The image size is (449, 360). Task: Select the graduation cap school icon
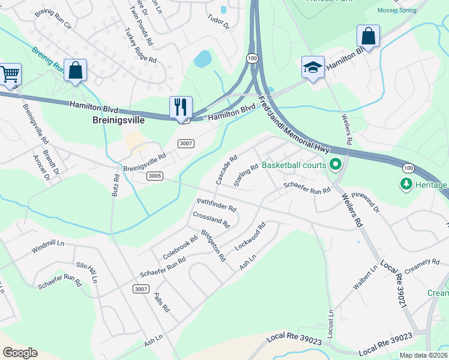pyautogui.click(x=313, y=67)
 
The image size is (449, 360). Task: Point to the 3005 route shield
pyautogui.click(x=155, y=176)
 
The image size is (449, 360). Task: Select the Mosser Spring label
pyautogui.click(x=397, y=10)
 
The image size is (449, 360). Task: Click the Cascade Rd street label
pyautogui.click(x=223, y=172)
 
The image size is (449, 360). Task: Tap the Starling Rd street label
pyautogui.click(x=246, y=175)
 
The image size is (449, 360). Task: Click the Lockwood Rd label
pyautogui.click(x=250, y=237)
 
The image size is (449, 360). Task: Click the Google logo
pyautogui.click(x=20, y=353)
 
